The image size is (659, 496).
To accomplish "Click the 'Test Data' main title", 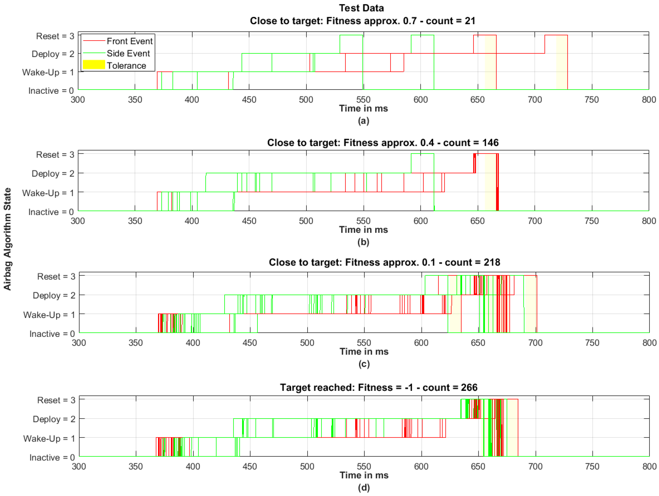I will point(361,8).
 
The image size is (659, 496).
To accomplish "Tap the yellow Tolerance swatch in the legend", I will point(94,65).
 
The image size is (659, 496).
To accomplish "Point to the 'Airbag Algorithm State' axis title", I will point(7,239).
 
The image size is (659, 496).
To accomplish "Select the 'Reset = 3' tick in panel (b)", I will point(55,155).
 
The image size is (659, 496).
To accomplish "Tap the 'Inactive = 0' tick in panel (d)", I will point(52,457).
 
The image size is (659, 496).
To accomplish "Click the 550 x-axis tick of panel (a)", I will point(363,99).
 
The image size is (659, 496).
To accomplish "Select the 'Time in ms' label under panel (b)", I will point(363,230).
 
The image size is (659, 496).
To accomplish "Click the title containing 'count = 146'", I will point(383,143).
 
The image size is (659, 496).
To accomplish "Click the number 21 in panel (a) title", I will point(470,21).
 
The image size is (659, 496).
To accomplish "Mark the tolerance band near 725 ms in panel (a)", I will point(562,63).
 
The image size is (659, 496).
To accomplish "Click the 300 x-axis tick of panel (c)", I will point(79,343).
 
